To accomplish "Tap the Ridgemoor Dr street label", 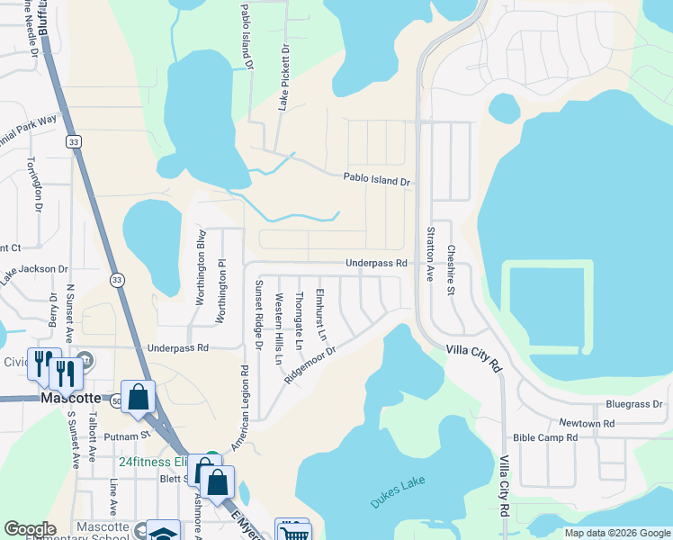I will point(310,365).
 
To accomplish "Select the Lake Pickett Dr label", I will point(283,80).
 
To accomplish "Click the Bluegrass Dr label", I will point(634,404).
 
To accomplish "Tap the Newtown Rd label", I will point(586,423).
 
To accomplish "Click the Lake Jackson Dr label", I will point(34,269).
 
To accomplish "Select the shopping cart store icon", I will point(292,531).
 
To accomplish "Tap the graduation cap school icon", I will point(165,532).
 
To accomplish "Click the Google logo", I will point(30,529).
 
